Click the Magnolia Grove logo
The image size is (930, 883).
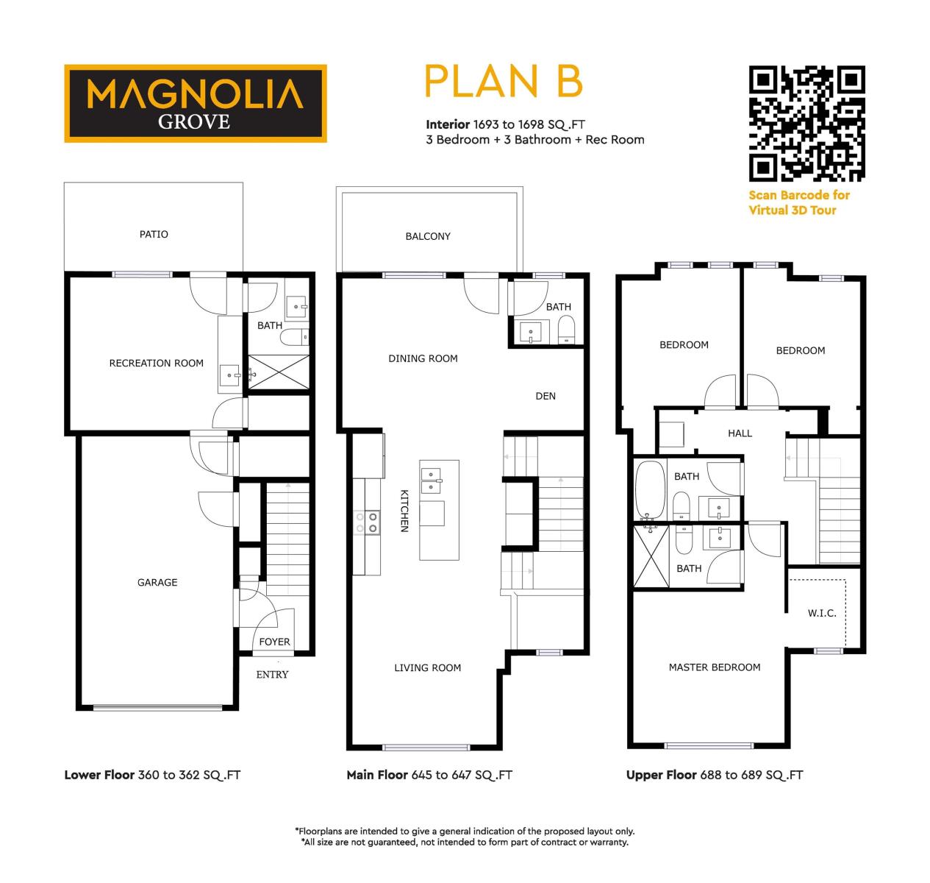pos(195,103)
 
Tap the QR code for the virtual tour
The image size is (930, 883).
pos(806,124)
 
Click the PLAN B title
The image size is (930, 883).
pos(503,81)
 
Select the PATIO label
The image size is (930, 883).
pos(153,234)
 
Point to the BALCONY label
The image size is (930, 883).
pos(427,236)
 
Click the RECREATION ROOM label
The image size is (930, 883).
pos(156,364)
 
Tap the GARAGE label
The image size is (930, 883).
pos(157,582)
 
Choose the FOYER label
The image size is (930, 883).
pos(274,642)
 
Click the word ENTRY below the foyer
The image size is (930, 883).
pos(272,674)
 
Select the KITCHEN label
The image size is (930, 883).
pos(404,511)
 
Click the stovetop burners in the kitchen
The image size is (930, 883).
pos(367,522)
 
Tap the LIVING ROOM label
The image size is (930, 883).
pos(427,667)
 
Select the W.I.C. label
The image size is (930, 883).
pos(822,613)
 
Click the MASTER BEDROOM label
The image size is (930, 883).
pos(715,667)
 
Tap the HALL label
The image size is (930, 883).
pos(740,433)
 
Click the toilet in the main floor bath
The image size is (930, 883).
pos(566,329)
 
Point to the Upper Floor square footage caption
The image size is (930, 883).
pos(715,775)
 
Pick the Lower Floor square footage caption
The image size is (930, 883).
pos(152,775)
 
